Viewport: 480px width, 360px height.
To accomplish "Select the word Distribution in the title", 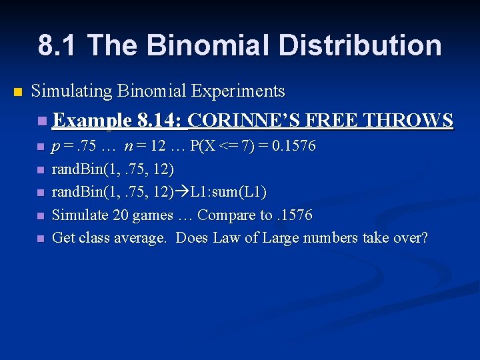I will pyautogui.click(x=360, y=45).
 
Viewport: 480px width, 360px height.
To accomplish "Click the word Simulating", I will pyautogui.click(x=72, y=91).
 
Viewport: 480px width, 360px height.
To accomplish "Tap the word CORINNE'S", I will pyautogui.click(x=243, y=120).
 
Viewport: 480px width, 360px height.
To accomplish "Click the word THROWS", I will pyautogui.click(x=410, y=120).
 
